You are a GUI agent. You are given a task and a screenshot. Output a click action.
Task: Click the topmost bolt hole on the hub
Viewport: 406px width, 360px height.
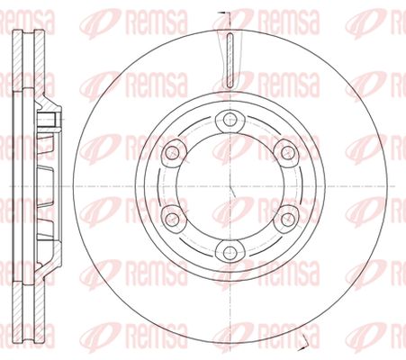tap(230, 119)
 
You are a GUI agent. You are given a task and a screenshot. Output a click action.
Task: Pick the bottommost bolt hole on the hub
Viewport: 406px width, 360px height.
tap(230, 253)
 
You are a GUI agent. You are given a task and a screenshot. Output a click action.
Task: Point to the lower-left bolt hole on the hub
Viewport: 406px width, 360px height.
tap(172, 220)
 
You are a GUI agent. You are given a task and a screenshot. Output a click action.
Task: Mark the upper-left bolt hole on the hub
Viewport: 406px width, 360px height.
tap(172, 152)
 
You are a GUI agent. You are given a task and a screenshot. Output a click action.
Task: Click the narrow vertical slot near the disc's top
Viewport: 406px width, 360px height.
tap(230, 60)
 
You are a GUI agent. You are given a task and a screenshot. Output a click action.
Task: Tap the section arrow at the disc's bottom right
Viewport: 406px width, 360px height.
tap(305, 339)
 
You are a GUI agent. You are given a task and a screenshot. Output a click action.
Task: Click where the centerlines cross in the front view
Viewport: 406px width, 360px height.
tap(230, 186)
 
